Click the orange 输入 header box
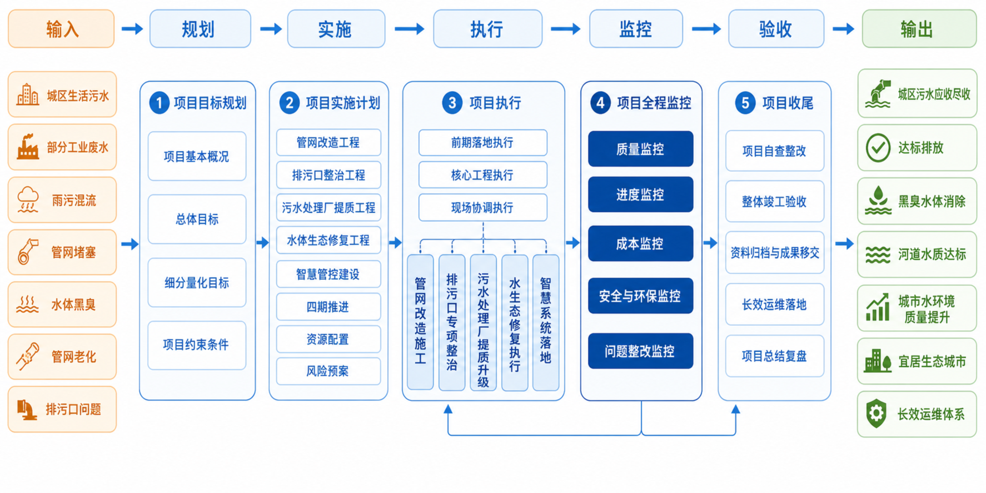61,29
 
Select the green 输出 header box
919,29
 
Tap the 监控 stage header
636,29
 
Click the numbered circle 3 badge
452,103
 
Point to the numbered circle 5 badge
745,103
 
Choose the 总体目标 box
197,219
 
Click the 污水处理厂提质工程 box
328,208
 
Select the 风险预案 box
328,371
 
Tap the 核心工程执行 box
483,175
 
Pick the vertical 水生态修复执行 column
514,323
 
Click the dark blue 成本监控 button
640,243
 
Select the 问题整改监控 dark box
640,351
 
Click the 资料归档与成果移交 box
774,253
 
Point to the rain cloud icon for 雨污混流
28,200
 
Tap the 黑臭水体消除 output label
932,201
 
